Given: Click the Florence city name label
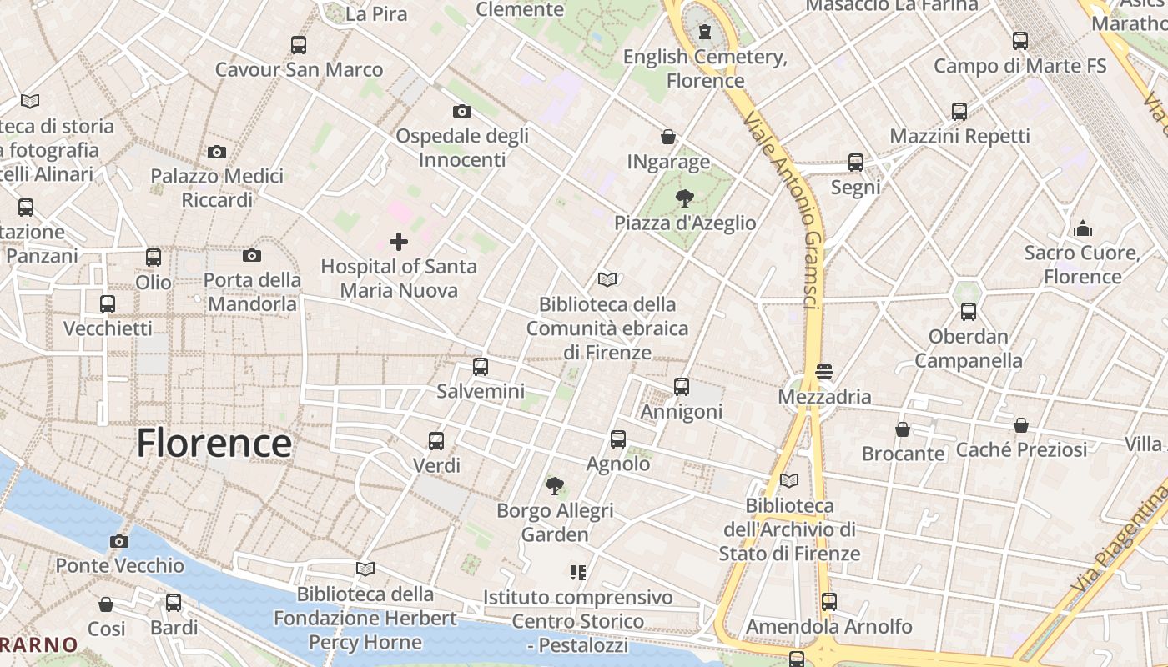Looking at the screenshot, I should (x=214, y=443).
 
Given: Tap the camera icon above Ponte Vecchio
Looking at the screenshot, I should (x=119, y=541).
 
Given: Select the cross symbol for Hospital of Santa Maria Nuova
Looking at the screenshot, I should (x=399, y=242).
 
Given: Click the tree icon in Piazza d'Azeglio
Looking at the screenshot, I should (x=684, y=198).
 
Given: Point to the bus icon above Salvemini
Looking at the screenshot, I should (x=481, y=366).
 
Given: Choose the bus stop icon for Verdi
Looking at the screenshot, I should (x=436, y=440).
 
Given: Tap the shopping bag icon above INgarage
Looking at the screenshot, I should (x=668, y=136).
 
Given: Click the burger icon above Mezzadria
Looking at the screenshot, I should (x=824, y=372).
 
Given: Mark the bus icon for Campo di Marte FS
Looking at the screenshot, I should (x=1019, y=40).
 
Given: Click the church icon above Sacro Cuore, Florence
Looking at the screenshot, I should (x=1082, y=228).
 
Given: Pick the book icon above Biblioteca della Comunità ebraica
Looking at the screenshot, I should (x=607, y=279).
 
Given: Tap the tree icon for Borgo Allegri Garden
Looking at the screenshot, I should (x=554, y=485).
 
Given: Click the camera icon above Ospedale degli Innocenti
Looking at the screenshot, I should (x=461, y=111).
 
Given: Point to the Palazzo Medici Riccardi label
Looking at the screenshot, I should (x=217, y=188).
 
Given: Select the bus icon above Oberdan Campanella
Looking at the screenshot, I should (x=968, y=312).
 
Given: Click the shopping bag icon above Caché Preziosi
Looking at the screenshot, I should (x=1021, y=425).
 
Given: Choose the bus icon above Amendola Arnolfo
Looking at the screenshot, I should (x=828, y=601).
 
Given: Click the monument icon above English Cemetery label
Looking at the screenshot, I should (x=706, y=33).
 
